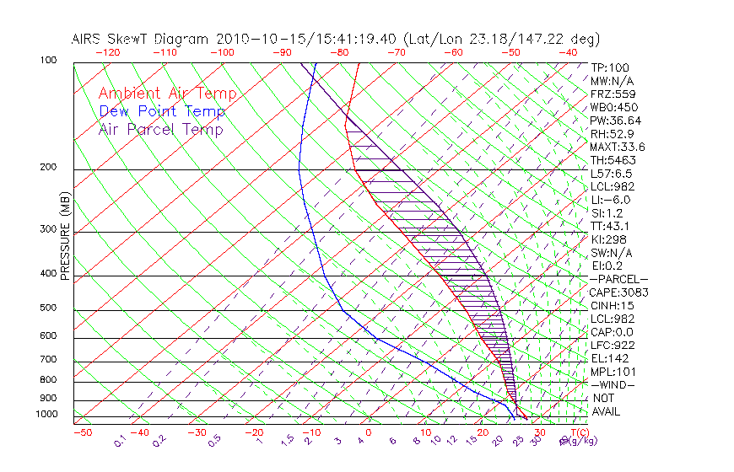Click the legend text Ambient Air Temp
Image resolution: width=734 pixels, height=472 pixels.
pyautogui.click(x=167, y=94)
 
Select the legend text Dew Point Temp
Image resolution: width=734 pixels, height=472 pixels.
pyautogui.click(x=162, y=111)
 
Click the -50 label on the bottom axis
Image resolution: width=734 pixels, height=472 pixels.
pyautogui.click(x=82, y=432)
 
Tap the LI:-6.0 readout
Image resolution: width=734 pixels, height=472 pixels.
pyautogui.click(x=611, y=200)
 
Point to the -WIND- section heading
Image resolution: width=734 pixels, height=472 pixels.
pyautogui.click(x=614, y=384)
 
